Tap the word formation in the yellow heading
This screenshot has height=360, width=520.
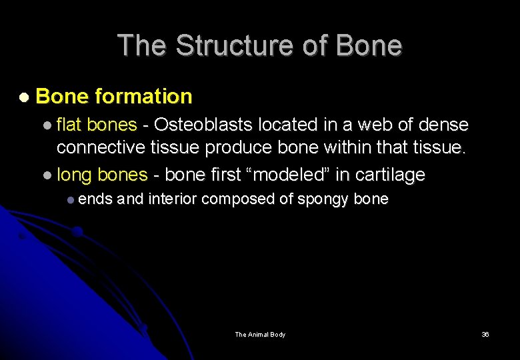143,97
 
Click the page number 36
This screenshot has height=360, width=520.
485,334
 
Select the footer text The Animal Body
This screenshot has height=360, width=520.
260,334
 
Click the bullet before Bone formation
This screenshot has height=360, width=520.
24,97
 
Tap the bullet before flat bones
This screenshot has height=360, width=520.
47,125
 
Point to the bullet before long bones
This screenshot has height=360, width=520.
47,175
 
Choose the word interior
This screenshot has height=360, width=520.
173,199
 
